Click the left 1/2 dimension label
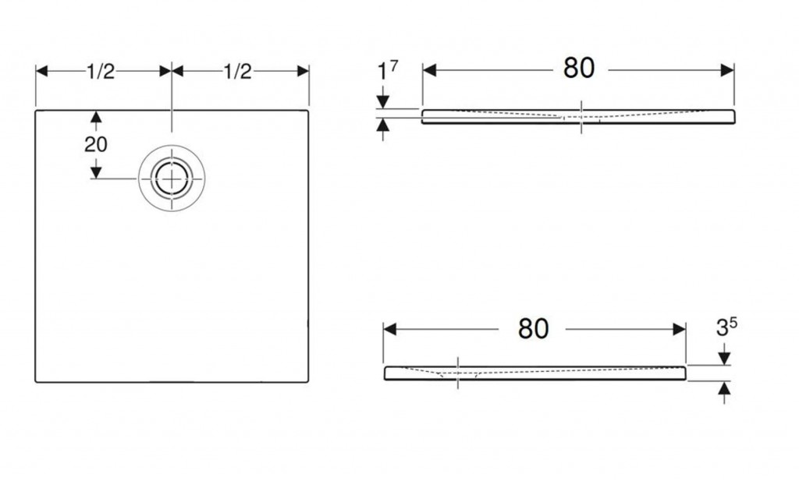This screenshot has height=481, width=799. tap(101, 71)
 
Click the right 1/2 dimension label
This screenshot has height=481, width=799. tap(237, 71)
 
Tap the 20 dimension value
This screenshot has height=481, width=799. tap(96, 144)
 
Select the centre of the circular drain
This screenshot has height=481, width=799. tap(172, 179)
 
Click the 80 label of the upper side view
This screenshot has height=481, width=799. tap(579, 68)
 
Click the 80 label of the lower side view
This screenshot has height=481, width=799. tap(533, 328)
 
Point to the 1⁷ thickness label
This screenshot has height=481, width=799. tap(387, 70)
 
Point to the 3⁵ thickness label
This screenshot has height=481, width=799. tap(726, 327)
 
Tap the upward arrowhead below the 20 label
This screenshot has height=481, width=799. tap(96, 117)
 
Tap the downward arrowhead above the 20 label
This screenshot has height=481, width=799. tap(96, 172)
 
